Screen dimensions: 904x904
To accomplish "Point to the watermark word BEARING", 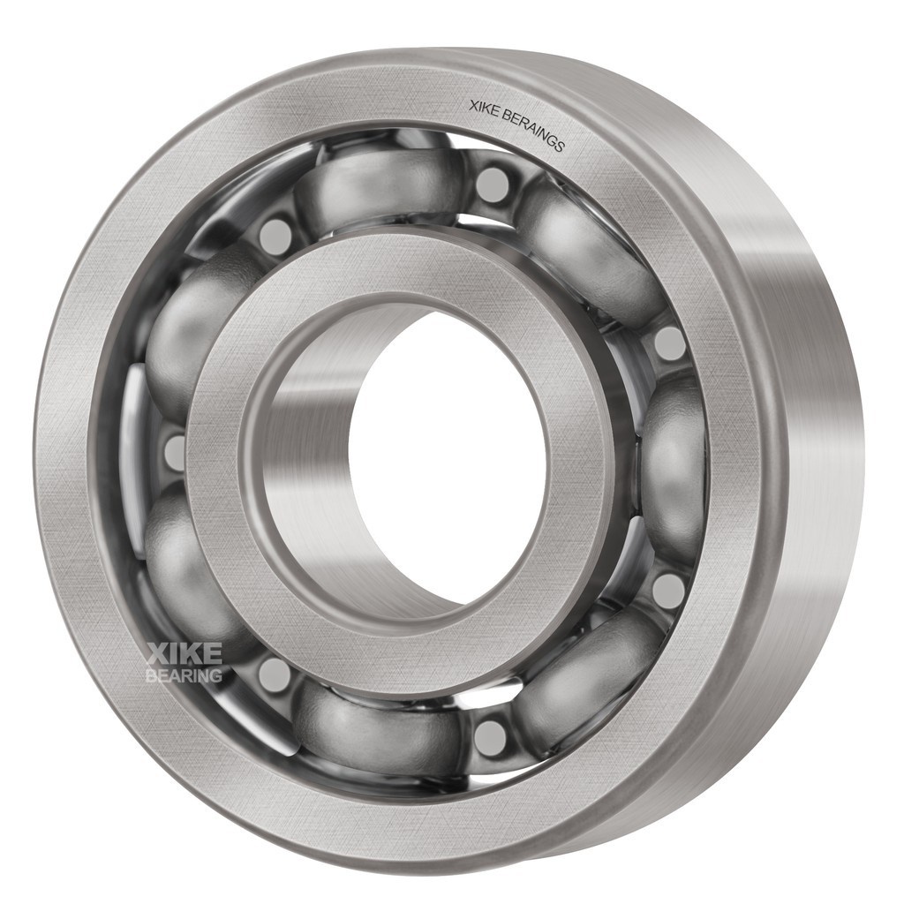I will [x=184, y=676].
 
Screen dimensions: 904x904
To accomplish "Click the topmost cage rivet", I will [x=492, y=185].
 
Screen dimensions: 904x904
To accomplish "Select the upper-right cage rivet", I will [x=669, y=343].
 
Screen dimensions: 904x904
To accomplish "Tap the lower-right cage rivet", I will [x=668, y=590].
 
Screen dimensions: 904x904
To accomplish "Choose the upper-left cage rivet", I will [x=275, y=237].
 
